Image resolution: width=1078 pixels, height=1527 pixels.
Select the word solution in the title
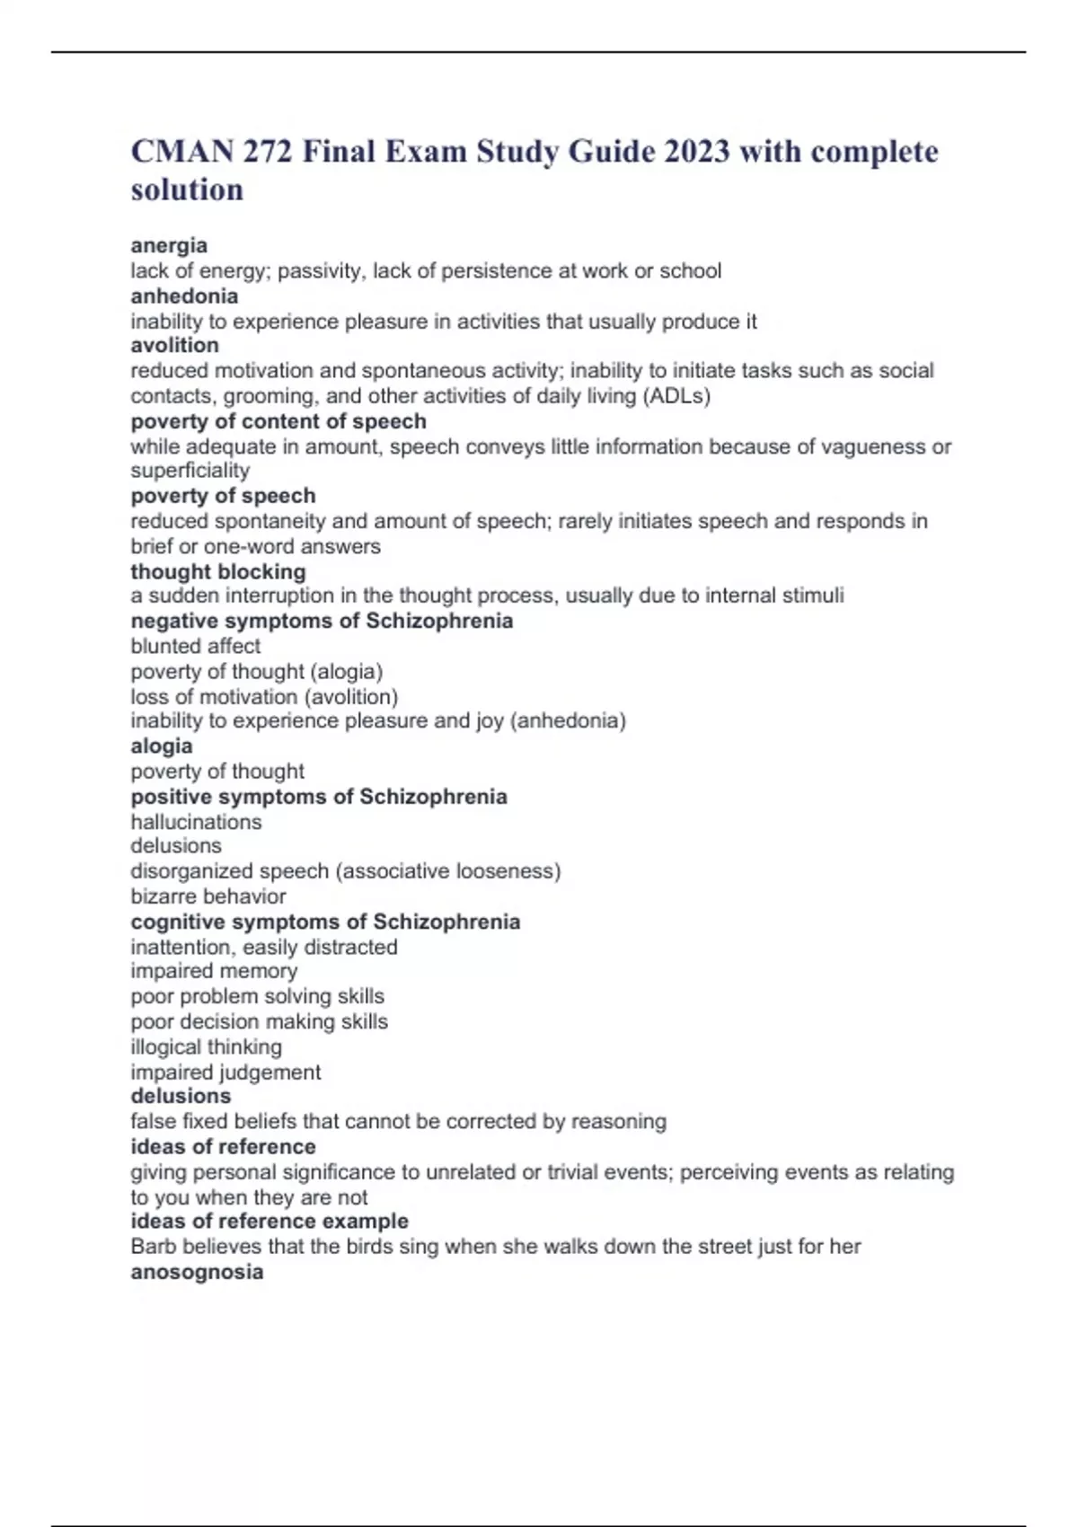point(187,190)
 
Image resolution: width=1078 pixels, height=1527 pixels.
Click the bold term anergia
point(169,245)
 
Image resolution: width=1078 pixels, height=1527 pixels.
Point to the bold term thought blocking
point(218,571)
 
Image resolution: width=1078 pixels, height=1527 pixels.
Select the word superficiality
point(190,470)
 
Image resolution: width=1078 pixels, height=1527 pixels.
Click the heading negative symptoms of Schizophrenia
point(322,621)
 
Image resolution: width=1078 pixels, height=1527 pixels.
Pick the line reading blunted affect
point(196,646)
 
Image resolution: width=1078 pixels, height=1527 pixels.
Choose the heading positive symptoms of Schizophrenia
point(319,797)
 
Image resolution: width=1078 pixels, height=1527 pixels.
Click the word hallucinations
point(196,822)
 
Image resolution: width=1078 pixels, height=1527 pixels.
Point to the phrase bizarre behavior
point(208,896)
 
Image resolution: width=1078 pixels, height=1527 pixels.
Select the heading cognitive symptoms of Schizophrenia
point(325,922)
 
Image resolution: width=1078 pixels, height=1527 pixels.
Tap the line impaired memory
point(214,971)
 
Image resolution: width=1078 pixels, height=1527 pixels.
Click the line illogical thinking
point(206,1046)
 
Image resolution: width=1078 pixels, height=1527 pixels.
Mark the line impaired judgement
point(225,1072)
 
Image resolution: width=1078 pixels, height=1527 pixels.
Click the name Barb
point(151,1247)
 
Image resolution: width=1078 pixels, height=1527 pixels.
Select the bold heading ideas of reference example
point(269,1222)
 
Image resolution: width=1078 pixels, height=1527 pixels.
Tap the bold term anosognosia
point(197,1272)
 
